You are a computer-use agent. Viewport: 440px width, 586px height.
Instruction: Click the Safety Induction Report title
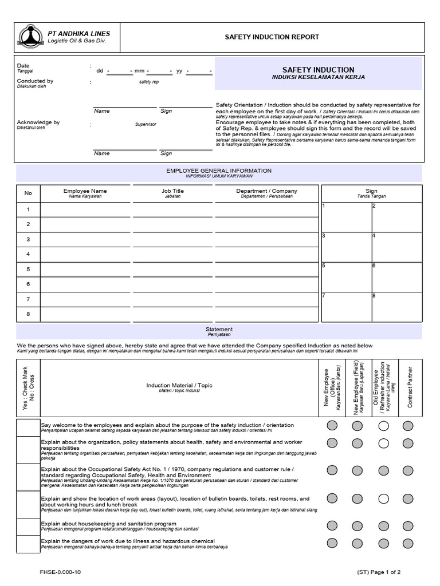[272, 37]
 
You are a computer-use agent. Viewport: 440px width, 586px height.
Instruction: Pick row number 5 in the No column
[28, 269]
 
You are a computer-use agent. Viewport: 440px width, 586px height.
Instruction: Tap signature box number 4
[396, 247]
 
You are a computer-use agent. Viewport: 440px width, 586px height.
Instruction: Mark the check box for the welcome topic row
[28, 427]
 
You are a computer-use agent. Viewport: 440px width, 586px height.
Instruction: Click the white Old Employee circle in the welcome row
[383, 426]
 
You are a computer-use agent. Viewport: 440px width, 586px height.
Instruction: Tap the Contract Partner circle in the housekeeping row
[407, 525]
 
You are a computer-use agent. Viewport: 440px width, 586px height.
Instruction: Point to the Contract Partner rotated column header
[409, 387]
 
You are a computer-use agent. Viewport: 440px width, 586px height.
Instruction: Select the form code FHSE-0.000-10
[60, 572]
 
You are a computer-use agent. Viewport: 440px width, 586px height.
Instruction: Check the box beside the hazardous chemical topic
[28, 544]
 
